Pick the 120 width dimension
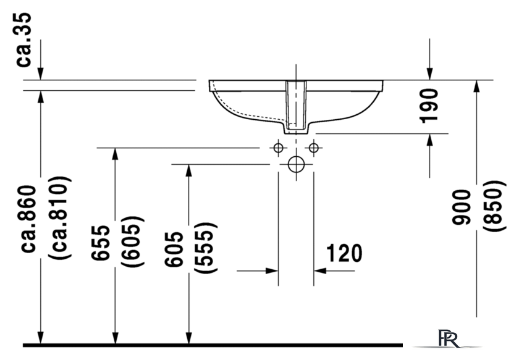[344, 253]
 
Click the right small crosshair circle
[314, 148]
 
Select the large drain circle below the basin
[297, 164]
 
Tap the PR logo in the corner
[447, 339]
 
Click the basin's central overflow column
[296, 105]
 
